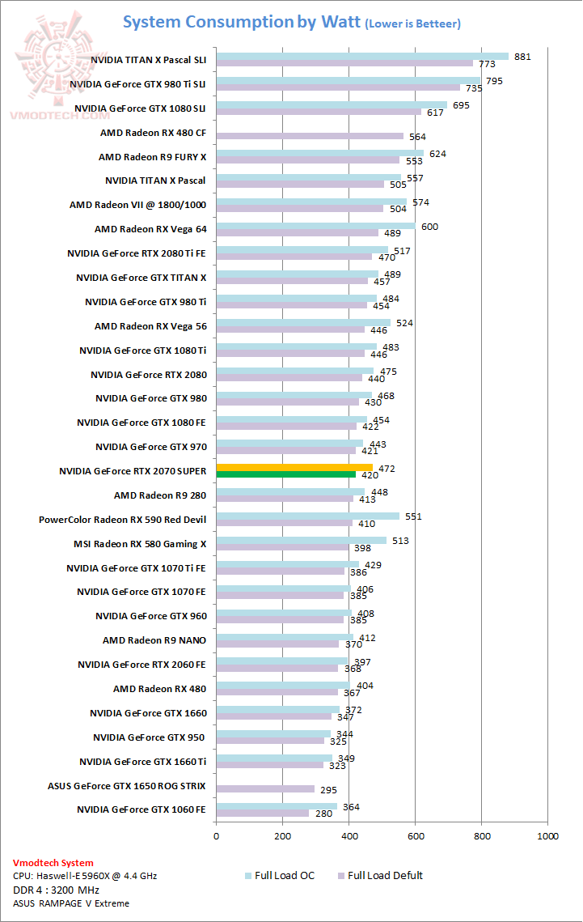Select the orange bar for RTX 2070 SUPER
294,467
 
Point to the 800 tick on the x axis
481,836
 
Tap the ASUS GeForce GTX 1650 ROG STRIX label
127,786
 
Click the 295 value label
327,789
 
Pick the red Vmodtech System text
53,863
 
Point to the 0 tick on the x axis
216,836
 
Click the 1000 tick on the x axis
547,836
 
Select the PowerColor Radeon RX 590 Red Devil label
122,519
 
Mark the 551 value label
413,516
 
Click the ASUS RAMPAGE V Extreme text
70,903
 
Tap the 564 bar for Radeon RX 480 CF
310,136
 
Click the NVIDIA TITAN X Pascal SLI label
148,59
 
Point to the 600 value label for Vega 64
429,227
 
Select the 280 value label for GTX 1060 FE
324,814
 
